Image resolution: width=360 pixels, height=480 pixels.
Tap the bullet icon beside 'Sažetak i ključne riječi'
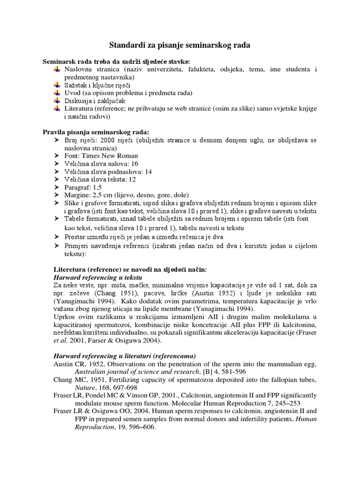click(x=56, y=85)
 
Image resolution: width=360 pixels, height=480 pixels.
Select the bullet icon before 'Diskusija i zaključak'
click(x=56, y=100)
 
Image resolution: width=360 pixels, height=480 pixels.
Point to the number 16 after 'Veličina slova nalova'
click(x=135, y=164)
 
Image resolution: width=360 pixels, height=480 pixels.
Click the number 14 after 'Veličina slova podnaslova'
click(x=149, y=172)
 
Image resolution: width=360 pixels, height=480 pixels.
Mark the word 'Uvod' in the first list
click(x=72, y=93)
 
